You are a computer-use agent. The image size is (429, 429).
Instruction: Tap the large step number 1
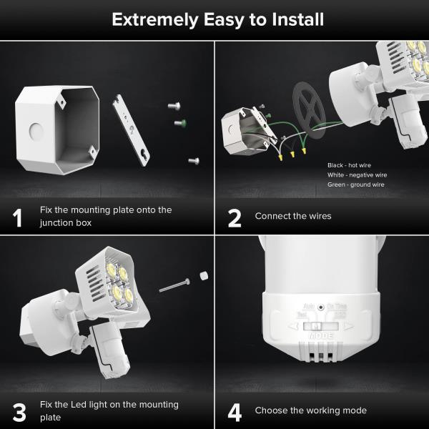tap(18, 217)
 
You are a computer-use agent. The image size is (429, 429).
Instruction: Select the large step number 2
tap(235, 217)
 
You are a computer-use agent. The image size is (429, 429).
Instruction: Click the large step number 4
tap(235, 412)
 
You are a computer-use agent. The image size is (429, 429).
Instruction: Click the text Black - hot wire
tap(349, 165)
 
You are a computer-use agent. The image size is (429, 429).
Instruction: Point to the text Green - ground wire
tap(356, 184)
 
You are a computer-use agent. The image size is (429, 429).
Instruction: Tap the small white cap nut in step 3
tap(204, 275)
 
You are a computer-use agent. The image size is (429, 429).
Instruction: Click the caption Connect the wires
tap(293, 215)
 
